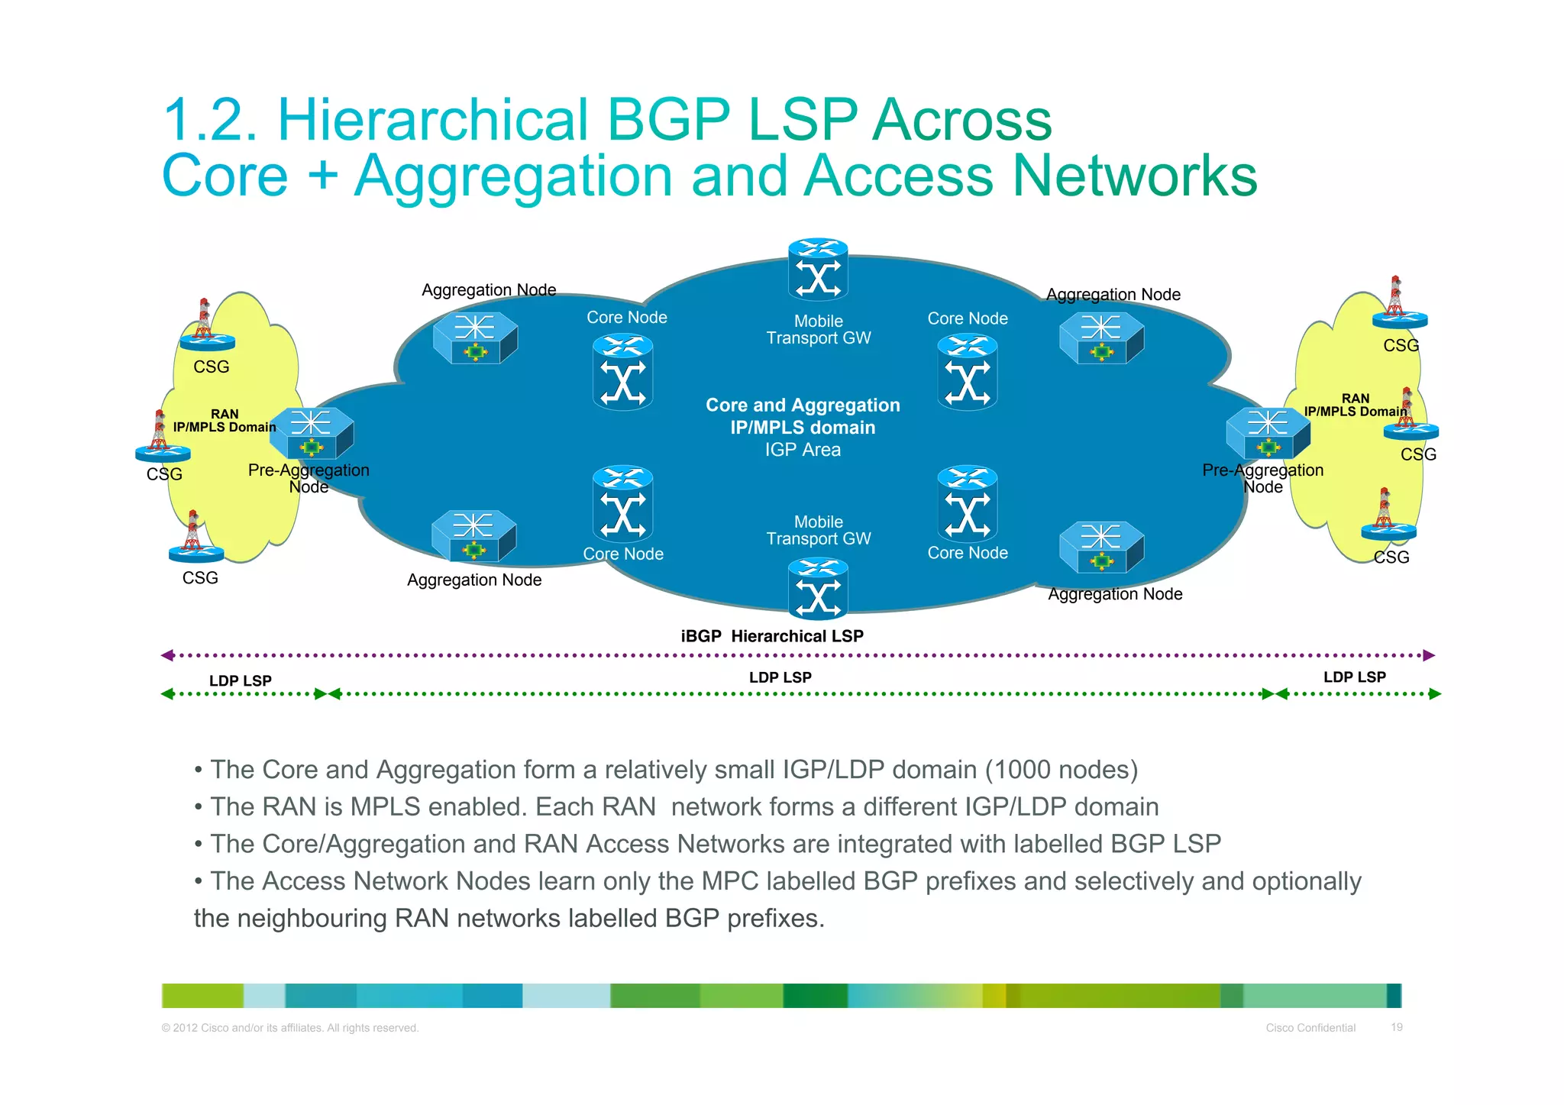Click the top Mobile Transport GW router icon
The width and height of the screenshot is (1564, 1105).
818,269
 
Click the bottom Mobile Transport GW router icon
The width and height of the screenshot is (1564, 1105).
818,588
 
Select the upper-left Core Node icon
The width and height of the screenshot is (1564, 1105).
622,372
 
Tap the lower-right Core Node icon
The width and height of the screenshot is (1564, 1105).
967,504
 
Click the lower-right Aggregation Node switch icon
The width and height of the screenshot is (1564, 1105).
1101,547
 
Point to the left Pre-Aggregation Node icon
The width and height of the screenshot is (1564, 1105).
312,432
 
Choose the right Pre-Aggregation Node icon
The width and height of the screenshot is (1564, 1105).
1268,432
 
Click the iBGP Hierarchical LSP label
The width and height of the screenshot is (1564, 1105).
772,636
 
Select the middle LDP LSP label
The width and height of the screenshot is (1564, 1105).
780,677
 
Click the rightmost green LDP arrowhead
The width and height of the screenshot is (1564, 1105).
1434,694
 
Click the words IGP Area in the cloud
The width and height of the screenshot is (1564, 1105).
803,450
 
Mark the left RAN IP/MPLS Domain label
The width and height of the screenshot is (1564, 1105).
225,421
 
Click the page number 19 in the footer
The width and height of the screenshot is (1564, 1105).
1396,1027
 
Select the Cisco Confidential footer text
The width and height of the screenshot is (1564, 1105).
1310,1028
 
